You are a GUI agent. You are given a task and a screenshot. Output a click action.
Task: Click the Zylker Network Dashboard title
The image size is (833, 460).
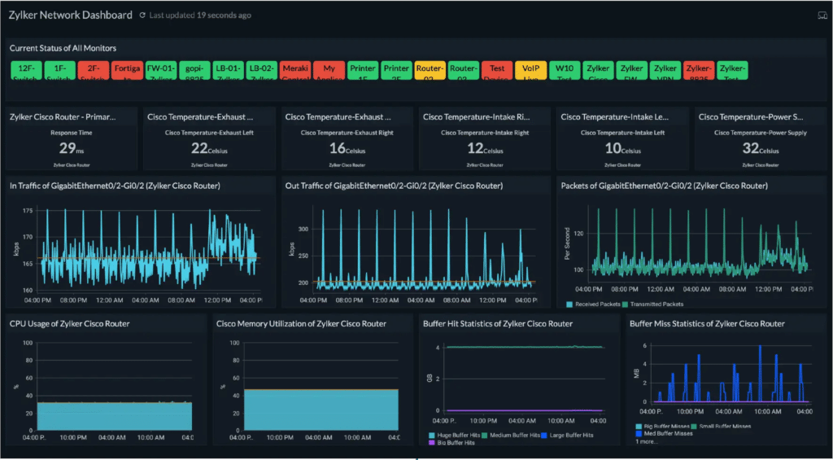70,15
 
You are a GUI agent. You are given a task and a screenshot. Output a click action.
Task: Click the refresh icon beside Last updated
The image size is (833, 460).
142,15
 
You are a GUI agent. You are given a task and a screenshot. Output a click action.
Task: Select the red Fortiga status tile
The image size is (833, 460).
126,70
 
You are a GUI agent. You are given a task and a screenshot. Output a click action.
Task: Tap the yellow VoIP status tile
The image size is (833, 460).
530,70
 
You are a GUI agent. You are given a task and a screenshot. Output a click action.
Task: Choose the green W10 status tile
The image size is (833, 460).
565,70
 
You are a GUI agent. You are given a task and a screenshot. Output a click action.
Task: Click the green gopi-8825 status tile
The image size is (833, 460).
194,70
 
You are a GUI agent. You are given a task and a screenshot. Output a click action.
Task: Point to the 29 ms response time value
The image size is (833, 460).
72,148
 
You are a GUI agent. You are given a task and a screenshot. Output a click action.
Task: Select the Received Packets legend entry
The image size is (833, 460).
596,304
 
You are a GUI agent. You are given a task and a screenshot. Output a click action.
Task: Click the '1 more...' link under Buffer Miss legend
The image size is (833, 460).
648,441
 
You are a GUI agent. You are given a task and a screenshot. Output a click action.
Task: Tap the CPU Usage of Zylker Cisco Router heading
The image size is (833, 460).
70,323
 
